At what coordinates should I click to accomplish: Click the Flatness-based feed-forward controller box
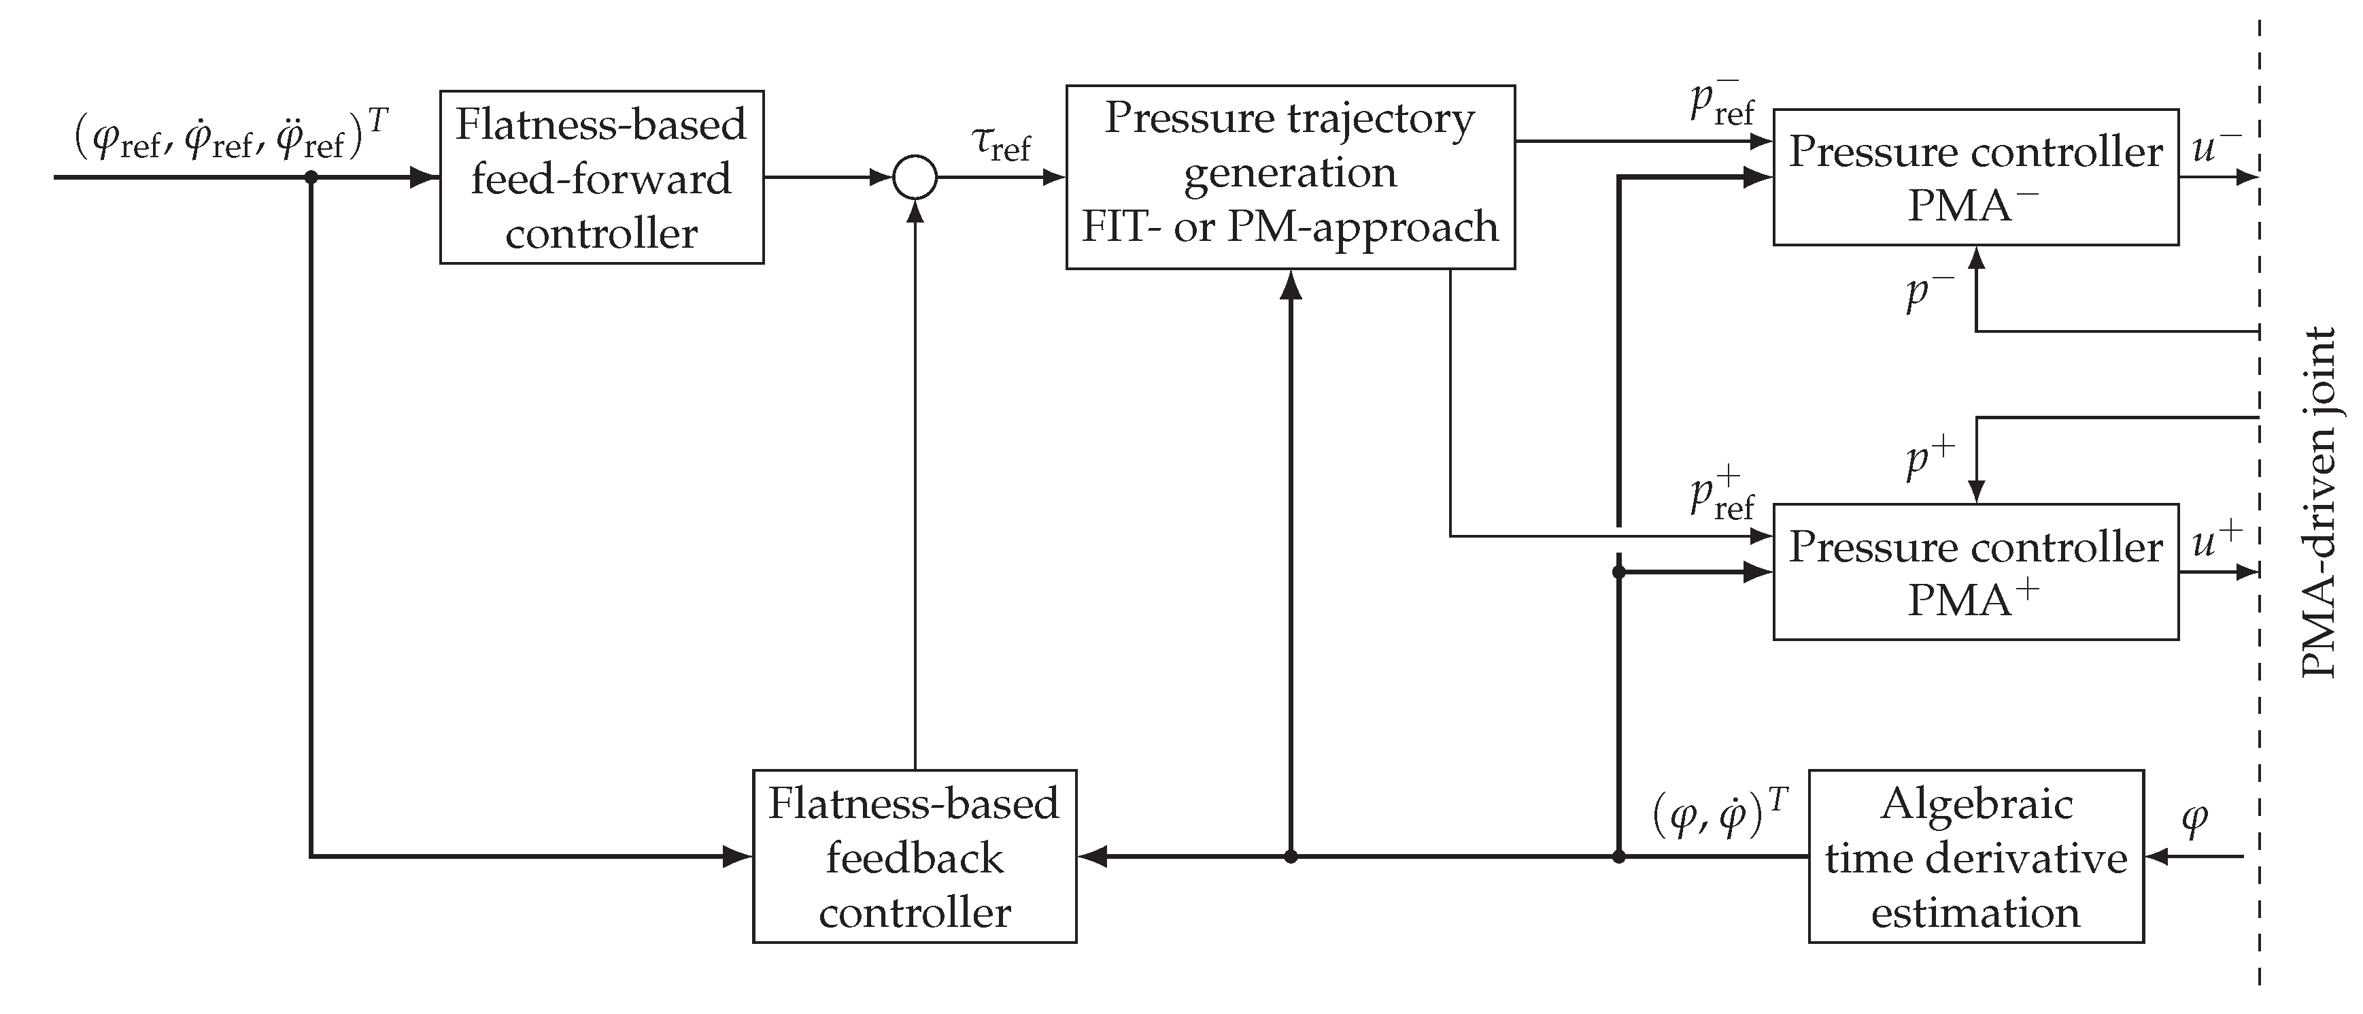pos(601,177)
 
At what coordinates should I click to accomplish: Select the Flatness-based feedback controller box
pos(914,856)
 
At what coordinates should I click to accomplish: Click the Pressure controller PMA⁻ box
pos(1975,177)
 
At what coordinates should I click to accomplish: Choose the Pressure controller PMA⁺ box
pos(1975,572)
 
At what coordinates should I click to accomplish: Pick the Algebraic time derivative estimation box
pos(1975,856)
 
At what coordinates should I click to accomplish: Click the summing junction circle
pos(915,177)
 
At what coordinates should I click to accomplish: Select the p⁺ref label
pos(1722,495)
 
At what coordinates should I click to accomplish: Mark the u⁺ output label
pos(2216,540)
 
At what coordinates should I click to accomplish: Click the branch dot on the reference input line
pos(311,177)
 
